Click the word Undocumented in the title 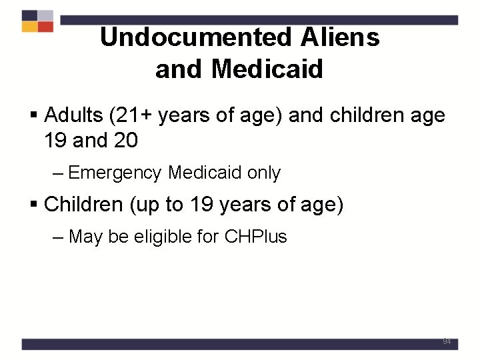[195, 38]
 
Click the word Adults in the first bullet [73, 115]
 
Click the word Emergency [115, 173]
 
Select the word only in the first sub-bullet [264, 173]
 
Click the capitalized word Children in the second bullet [83, 204]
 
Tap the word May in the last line [85, 237]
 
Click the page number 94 [446, 341]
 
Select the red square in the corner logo [45, 27]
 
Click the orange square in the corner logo [29, 27]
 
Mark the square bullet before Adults [35, 116]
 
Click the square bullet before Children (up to [35, 205]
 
